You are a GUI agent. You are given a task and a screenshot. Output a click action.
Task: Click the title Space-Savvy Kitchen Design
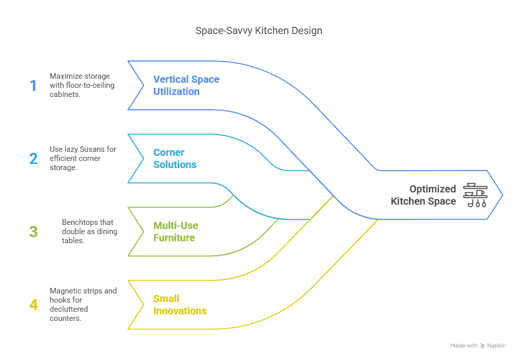258,31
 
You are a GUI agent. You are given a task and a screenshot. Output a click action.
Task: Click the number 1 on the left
34,85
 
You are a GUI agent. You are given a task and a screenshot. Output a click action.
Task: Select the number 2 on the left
34,158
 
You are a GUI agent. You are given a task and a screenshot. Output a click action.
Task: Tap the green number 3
34,232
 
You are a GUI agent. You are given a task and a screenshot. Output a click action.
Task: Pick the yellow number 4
34,305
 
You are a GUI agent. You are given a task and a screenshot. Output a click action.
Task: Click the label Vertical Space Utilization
186,85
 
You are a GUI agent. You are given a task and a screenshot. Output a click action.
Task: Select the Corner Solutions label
175,158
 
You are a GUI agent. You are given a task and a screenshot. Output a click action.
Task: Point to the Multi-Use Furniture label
176,232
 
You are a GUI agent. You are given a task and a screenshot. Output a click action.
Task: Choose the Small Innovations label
180,305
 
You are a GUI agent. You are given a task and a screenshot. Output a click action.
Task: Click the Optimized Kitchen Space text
423,195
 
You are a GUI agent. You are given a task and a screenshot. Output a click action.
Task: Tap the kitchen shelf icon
475,195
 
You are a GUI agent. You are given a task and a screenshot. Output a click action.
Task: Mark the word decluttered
69,309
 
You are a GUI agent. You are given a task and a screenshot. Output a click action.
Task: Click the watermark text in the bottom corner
478,345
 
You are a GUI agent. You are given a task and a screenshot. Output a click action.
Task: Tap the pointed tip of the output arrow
502,195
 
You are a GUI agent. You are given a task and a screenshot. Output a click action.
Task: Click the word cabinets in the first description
64,94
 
